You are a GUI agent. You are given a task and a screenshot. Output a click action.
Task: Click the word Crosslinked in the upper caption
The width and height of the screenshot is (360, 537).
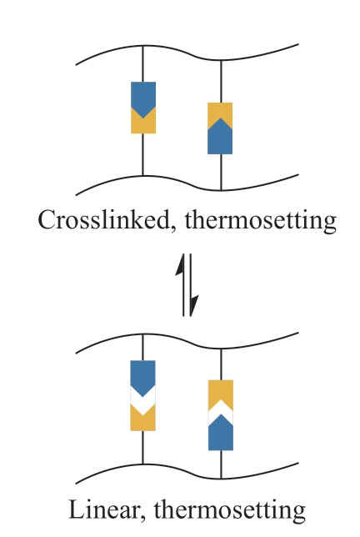coord(103,219)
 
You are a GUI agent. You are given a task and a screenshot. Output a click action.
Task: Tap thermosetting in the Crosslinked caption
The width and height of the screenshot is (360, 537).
coord(261,221)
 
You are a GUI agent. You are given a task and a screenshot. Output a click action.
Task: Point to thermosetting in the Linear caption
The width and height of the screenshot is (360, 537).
coord(229,510)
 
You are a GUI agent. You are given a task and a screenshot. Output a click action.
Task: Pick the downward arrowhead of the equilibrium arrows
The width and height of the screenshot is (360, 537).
coord(194,305)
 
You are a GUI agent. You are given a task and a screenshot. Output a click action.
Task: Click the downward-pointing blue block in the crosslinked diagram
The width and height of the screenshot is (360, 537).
coord(143,98)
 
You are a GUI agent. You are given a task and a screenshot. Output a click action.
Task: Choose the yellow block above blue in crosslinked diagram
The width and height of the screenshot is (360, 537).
coord(220,113)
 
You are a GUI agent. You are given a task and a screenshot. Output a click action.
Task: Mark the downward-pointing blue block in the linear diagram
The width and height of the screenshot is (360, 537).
coord(143,376)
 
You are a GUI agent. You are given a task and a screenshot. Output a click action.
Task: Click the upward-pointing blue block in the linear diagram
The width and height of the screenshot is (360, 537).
coord(221,434)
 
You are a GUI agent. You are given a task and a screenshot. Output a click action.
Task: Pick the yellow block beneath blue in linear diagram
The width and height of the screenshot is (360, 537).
coord(143,421)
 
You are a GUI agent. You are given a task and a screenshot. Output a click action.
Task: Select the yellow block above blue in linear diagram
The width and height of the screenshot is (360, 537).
coord(221,390)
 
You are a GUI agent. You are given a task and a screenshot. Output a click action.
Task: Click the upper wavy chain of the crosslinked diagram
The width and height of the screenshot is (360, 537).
coord(187,53)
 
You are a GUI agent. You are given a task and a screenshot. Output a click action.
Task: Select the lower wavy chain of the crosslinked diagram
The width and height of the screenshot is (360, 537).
coord(187,183)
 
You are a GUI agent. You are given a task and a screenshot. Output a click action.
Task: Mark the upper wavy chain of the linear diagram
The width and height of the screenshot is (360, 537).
coord(187,341)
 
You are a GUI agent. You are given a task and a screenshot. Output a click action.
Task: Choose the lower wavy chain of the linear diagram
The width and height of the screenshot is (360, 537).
coord(187,472)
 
